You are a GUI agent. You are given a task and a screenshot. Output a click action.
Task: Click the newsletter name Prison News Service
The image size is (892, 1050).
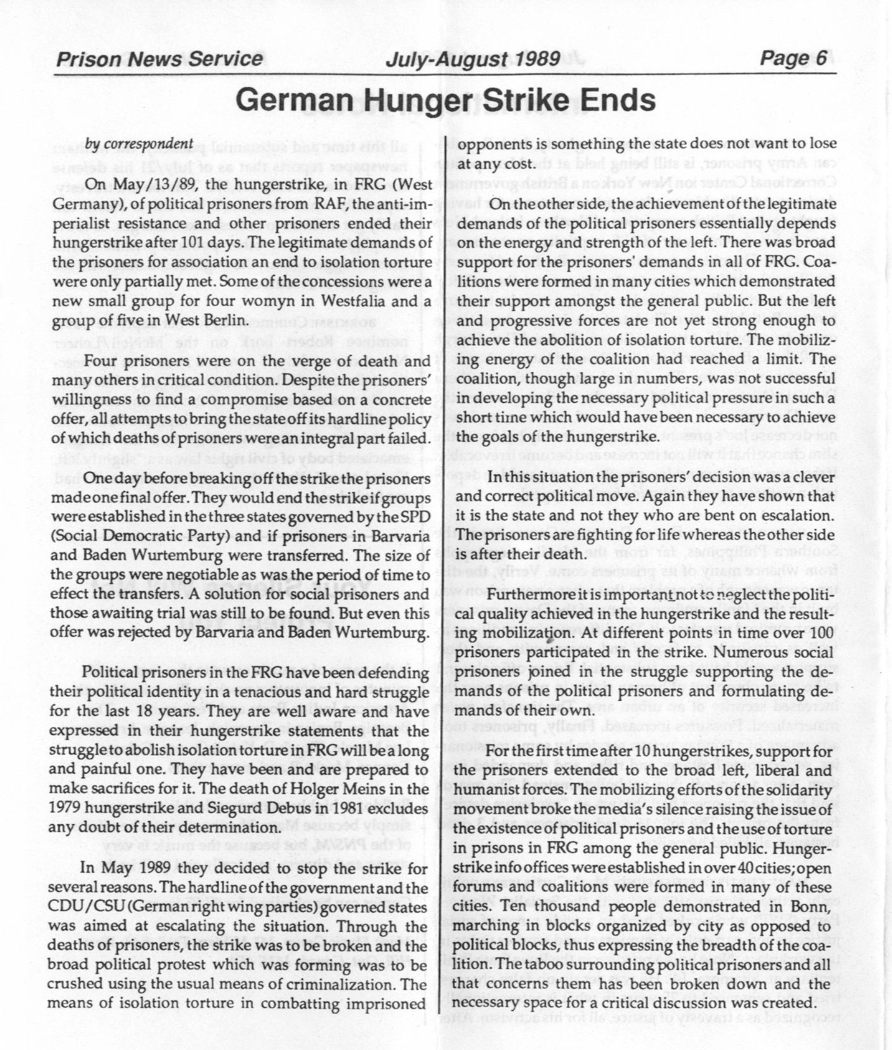[159, 59]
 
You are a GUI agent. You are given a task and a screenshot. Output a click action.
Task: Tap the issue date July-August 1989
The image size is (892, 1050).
[472, 59]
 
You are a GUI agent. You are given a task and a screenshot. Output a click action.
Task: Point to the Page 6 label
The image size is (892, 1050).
[794, 58]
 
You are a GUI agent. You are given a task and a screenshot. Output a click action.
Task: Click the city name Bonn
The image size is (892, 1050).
[811, 907]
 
